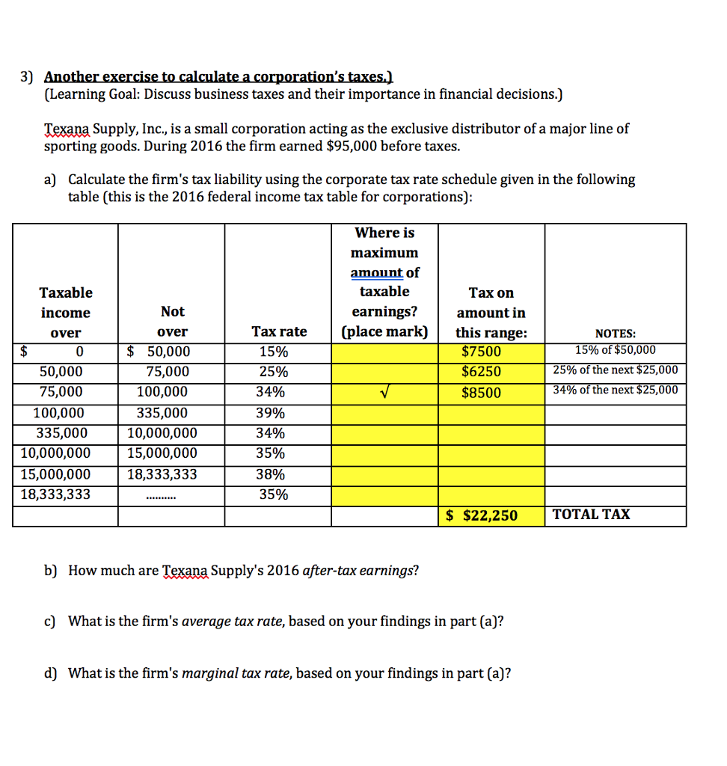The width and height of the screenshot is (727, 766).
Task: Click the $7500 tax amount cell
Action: (x=482, y=352)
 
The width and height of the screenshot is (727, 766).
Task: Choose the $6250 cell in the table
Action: (x=482, y=372)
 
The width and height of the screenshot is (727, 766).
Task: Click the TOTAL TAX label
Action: (x=591, y=514)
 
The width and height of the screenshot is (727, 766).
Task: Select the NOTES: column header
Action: (x=616, y=334)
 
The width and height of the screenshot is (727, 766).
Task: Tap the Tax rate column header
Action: (x=279, y=331)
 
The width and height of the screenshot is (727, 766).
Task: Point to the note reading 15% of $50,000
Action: (x=615, y=350)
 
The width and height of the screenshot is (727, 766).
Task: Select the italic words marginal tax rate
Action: (x=238, y=673)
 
